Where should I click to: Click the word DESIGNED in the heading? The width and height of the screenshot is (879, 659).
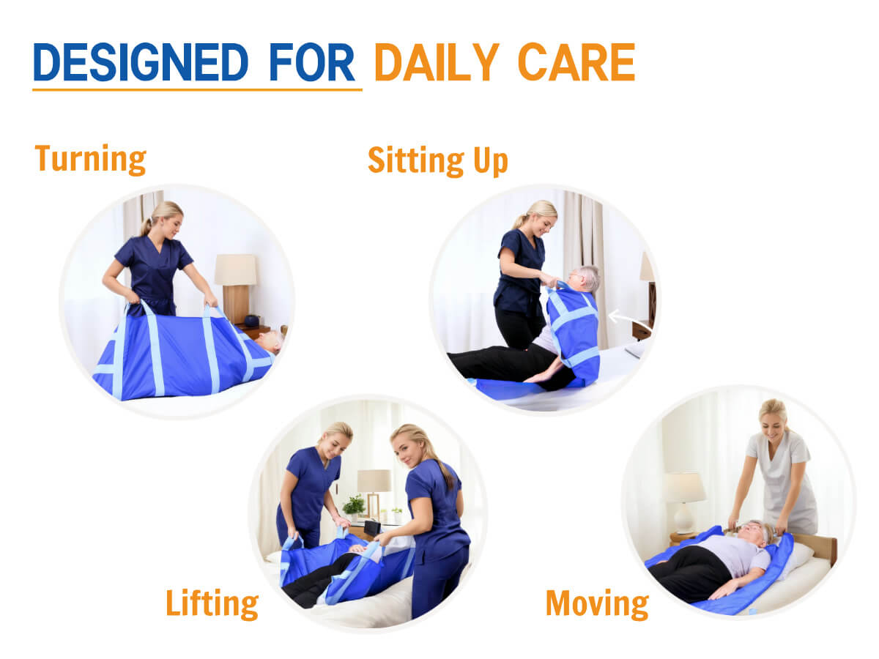[x=141, y=62]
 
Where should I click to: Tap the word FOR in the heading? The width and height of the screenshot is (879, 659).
[x=312, y=62]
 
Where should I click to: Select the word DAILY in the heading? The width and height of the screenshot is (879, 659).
[x=437, y=62]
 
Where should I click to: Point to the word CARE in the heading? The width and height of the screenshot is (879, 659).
[x=576, y=62]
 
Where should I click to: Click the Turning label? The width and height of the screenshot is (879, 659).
[x=91, y=160]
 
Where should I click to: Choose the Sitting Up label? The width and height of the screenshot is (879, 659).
[x=438, y=161]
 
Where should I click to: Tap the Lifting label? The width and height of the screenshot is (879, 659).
[x=212, y=604]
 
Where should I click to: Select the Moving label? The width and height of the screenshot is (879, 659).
[x=597, y=604]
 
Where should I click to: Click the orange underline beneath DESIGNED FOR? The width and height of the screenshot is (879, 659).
[x=198, y=89]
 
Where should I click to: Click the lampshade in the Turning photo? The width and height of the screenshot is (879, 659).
[x=235, y=269]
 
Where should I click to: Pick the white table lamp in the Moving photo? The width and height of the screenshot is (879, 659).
[x=684, y=502]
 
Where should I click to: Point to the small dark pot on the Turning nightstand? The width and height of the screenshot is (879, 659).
[x=252, y=321]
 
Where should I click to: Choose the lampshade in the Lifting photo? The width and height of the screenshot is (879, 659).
[x=374, y=480]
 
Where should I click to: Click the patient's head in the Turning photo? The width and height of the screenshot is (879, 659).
[x=269, y=341]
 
